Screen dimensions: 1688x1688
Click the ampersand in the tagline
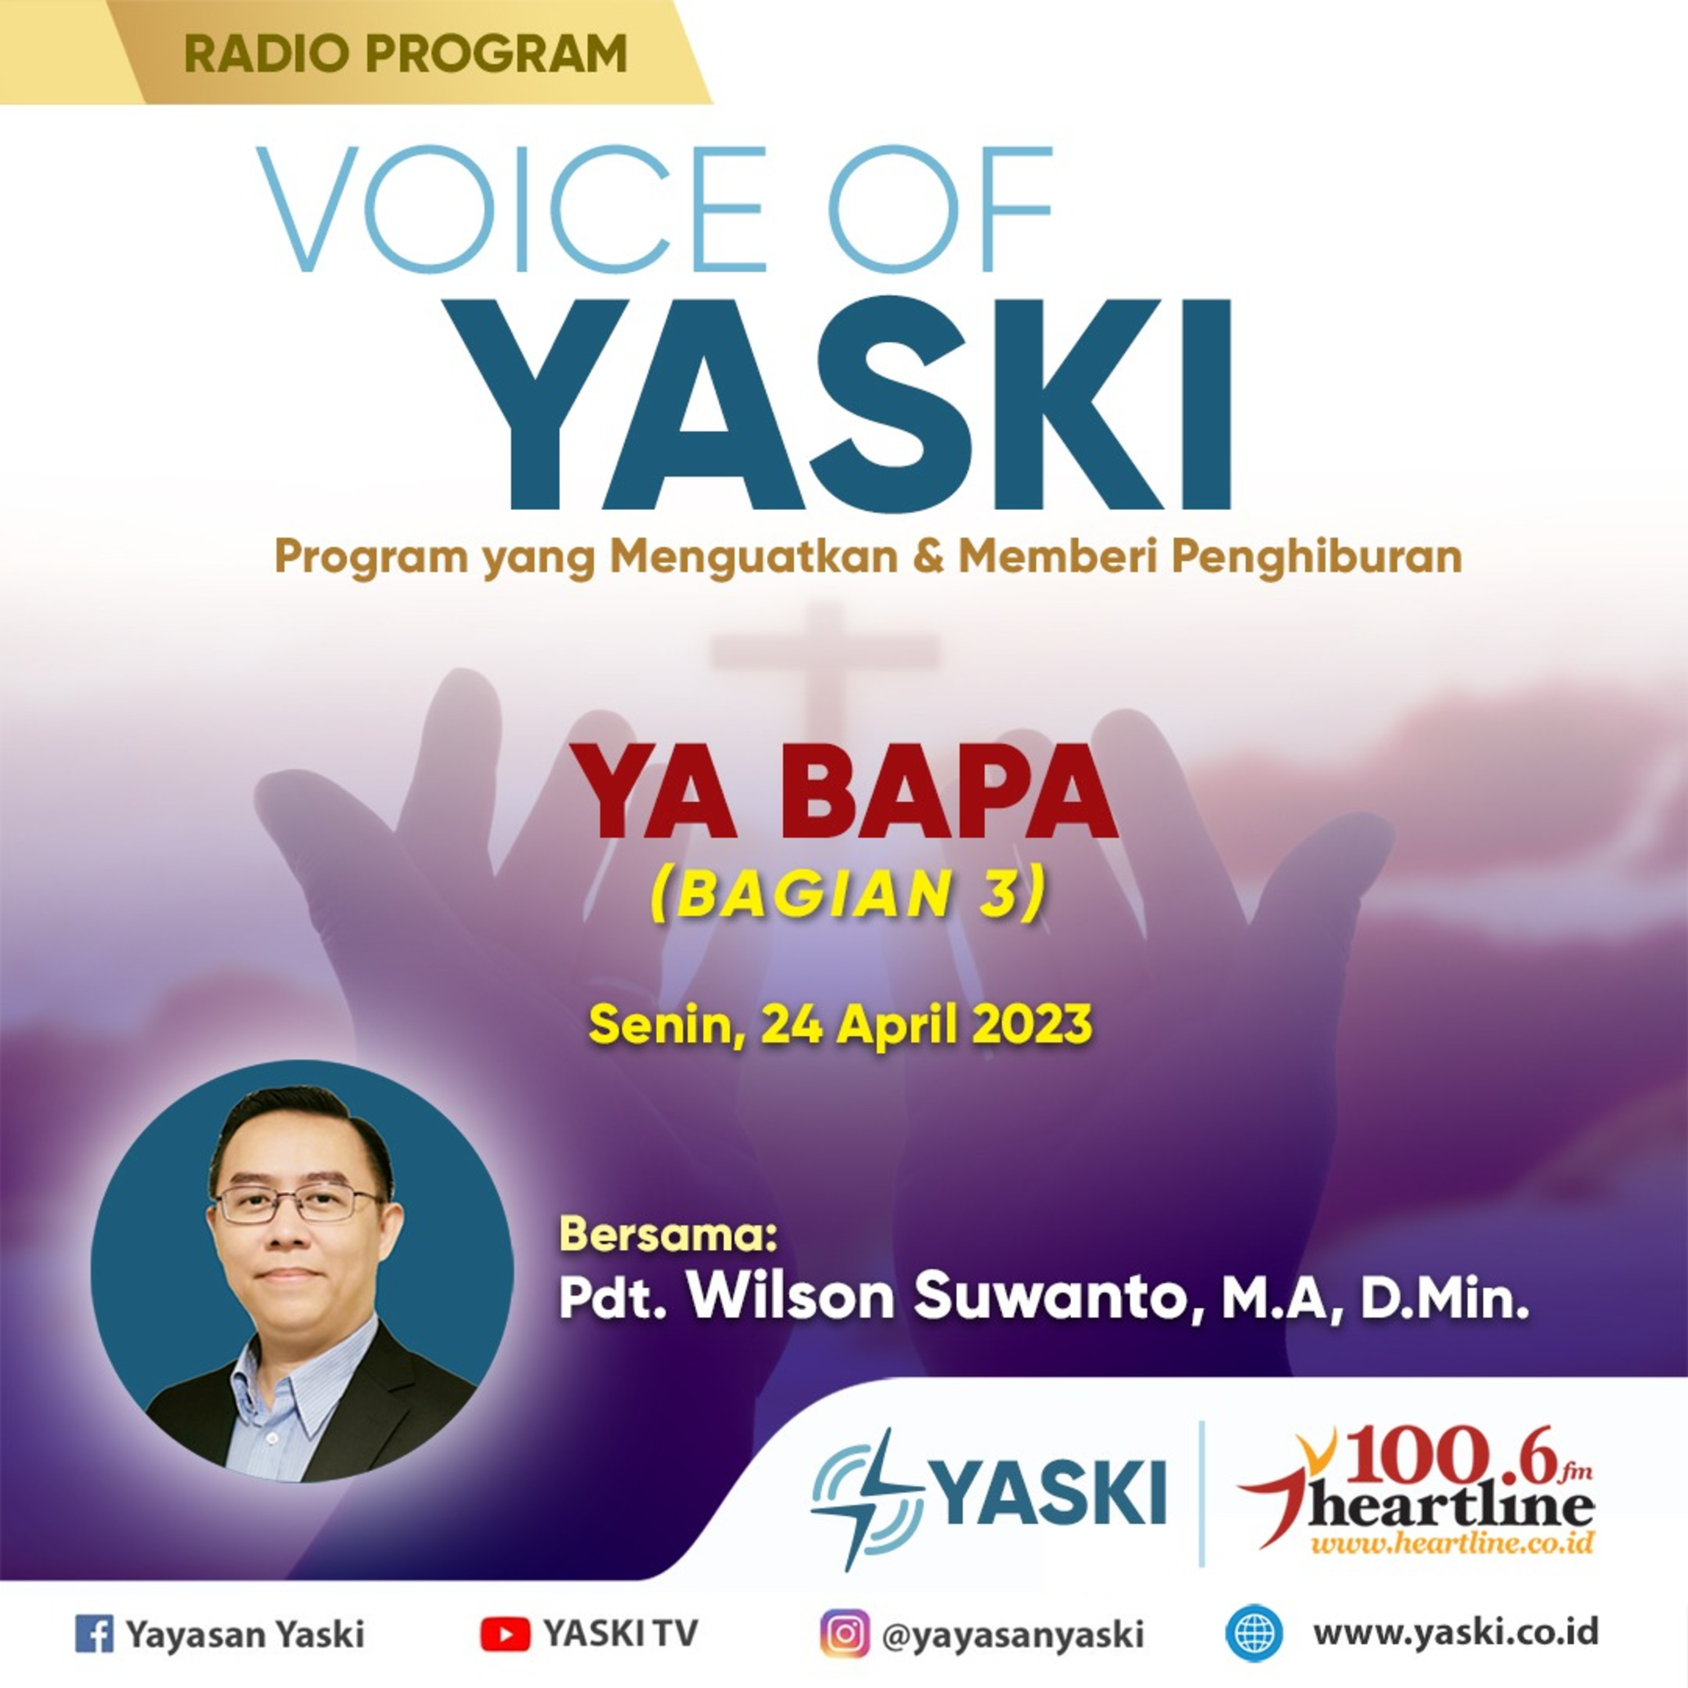point(928,556)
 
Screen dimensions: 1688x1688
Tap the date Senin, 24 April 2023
point(839,1024)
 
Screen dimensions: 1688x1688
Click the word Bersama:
point(667,1234)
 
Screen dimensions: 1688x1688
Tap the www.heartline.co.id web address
point(1452,1544)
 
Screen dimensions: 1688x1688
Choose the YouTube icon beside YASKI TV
point(504,1633)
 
